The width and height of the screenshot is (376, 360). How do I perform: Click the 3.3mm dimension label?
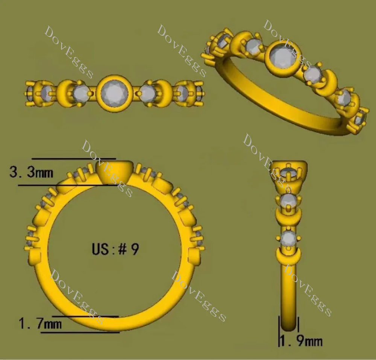coord(31,172)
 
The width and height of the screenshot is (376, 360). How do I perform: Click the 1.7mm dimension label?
coord(40,324)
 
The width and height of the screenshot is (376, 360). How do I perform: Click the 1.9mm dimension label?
coord(301,340)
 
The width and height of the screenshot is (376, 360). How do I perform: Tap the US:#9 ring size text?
coord(115,249)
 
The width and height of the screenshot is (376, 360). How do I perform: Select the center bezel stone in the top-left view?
coord(114,93)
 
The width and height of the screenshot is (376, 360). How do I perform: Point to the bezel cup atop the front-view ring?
coord(114,172)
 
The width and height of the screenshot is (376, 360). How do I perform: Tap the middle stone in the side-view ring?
coord(288,201)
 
